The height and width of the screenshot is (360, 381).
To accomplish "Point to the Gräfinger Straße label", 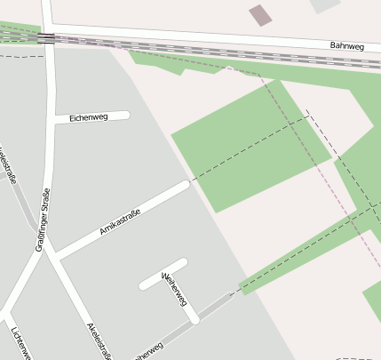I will [42, 220].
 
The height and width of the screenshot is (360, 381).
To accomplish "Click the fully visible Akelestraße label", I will [97, 338].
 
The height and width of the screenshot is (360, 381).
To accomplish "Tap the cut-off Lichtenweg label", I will [21, 342].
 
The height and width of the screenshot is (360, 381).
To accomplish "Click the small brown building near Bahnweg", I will [260, 14].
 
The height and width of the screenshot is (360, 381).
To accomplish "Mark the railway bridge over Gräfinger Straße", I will [46, 37].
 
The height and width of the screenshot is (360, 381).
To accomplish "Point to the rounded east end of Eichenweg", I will [126, 115].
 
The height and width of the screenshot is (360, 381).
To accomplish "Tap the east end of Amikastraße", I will [185, 186].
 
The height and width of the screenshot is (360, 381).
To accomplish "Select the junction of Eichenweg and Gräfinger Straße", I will [52, 119].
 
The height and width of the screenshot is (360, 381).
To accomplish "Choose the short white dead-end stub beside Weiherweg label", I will [163, 274].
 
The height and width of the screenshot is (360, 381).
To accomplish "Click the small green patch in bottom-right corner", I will [373, 302].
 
